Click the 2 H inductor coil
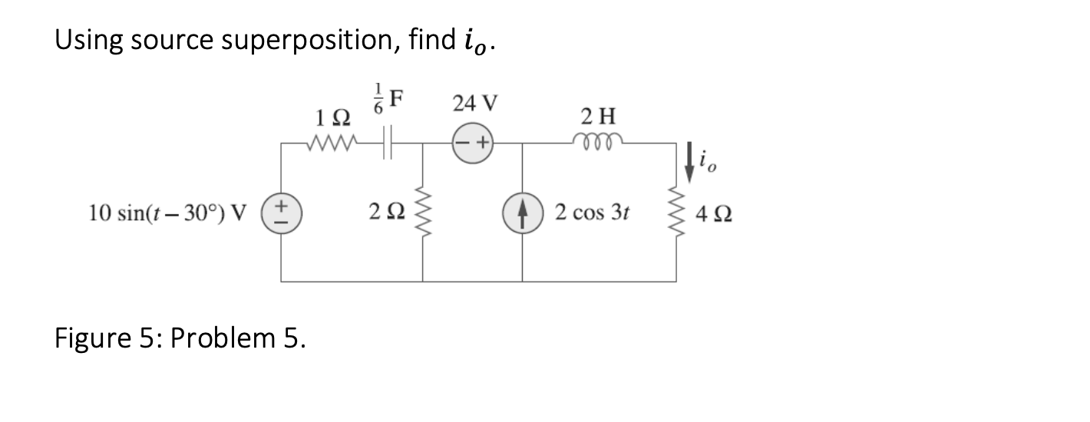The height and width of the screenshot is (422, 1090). coord(596,140)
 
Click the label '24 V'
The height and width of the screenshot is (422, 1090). coord(474,103)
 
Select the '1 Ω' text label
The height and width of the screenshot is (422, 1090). coord(333,118)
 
